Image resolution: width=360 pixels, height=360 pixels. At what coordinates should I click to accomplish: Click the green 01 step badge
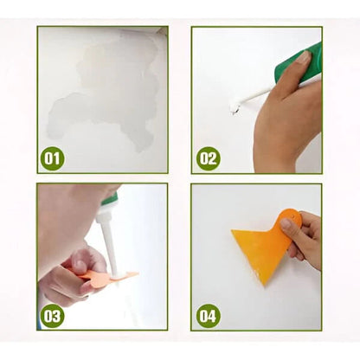53,158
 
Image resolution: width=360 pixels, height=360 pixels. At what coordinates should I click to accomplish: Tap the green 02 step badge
209,158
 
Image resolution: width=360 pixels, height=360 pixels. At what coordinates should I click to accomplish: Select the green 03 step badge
53,316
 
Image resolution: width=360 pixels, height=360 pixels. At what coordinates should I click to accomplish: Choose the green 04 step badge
209,316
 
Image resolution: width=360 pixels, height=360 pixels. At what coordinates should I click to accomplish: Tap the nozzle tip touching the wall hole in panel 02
234,106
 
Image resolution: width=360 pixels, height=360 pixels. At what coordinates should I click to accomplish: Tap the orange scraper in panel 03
108,277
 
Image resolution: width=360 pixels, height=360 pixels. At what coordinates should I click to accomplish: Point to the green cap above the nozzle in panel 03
109,201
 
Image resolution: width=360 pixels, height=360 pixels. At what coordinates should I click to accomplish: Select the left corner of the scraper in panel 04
234,232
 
